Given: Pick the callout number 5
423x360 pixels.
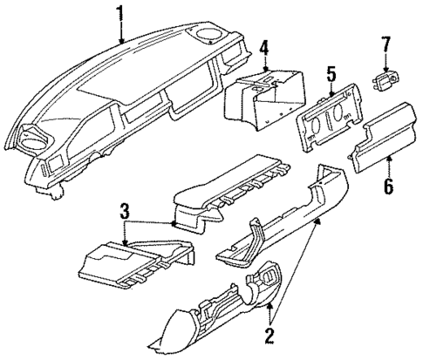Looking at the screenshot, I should click(x=329, y=73).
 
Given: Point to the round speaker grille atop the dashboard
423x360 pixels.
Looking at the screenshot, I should click(x=210, y=36).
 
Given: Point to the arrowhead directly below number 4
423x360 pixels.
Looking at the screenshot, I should click(x=264, y=66).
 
